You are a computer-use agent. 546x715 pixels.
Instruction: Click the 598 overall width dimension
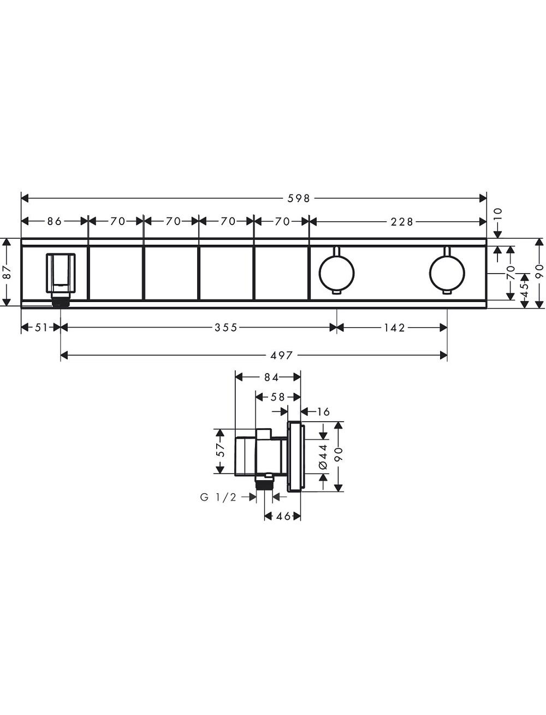coord(298,198)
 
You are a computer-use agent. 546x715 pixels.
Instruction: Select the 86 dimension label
coord(55,222)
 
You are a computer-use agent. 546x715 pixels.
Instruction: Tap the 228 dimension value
coord(402,222)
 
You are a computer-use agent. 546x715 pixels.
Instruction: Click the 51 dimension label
coord(41,327)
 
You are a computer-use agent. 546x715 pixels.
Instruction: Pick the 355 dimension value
coord(225,327)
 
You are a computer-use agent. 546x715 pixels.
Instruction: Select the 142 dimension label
coord(394,327)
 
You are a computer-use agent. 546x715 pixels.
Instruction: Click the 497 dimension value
coord(282,355)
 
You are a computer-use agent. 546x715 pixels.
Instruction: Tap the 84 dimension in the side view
coord(271,377)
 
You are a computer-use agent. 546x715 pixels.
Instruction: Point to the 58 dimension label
coord(277,397)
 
